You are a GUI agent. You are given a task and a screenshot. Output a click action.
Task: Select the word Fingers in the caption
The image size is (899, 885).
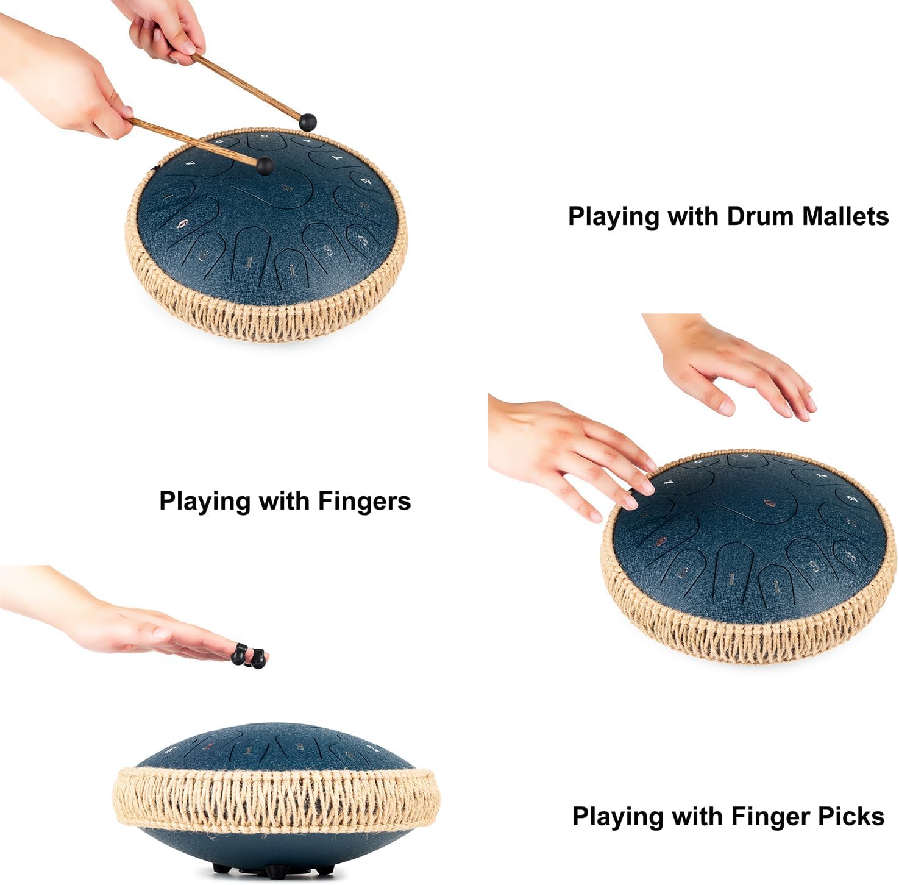pos(364,502)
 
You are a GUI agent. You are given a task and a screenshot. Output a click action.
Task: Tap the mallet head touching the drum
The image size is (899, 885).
pos(265,165)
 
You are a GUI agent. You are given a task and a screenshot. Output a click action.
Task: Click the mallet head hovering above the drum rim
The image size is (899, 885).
pos(308,122)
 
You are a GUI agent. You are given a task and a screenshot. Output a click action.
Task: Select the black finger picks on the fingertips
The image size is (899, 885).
pos(249,656)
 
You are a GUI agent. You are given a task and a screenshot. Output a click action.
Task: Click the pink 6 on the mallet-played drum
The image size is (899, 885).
pos(182,224)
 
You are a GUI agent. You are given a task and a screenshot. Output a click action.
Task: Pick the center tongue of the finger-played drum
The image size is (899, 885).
pos(769,503)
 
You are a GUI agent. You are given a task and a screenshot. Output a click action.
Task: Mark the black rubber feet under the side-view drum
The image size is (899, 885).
pos(274,868)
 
